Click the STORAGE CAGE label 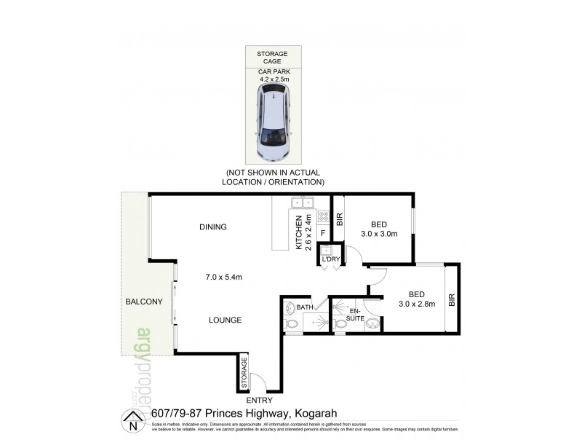tap(272, 58)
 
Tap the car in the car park tap(272, 123)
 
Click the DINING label tap(213, 227)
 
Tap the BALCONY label tap(143, 302)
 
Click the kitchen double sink tap(302, 202)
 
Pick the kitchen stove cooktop tap(324, 216)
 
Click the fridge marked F tap(322, 232)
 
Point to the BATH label tap(304, 307)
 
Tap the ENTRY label tap(259, 400)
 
